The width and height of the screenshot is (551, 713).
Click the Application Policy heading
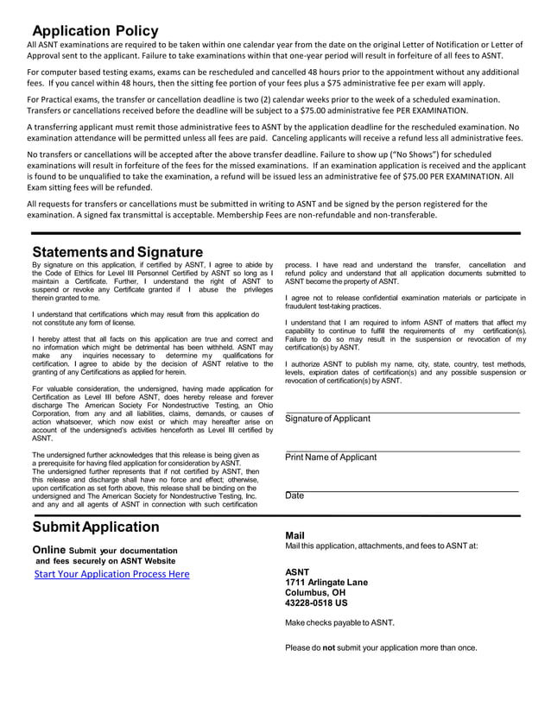tap(96, 31)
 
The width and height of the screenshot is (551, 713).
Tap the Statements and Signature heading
tap(117, 252)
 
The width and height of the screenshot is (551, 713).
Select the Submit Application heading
tap(96, 527)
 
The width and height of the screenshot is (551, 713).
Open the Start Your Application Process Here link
tap(111, 574)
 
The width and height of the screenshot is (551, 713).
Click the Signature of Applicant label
tap(327, 419)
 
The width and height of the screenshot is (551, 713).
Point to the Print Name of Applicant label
tap(331, 457)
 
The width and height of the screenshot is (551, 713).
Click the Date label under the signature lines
tap(294, 496)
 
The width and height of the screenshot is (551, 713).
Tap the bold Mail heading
tap(294, 535)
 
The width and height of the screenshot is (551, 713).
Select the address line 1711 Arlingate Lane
tap(326, 583)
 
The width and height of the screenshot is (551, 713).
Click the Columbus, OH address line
tap(315, 593)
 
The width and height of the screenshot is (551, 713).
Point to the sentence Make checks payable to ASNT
tap(339, 622)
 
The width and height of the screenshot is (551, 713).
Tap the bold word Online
tap(48, 550)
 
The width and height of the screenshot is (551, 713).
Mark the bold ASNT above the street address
tap(296, 572)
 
